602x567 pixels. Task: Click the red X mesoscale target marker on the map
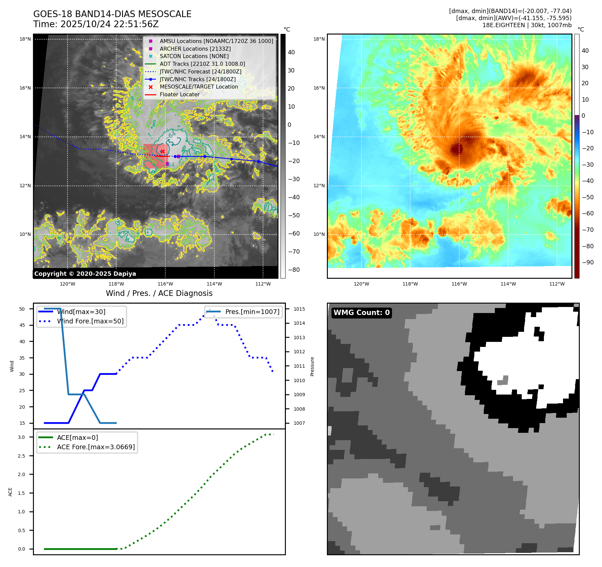coord(163,152)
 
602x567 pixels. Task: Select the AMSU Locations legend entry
coord(216,41)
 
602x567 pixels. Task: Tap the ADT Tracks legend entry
coord(202,64)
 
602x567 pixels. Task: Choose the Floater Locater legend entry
coord(179,94)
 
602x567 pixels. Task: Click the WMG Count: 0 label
coord(361,313)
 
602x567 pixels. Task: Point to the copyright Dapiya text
coord(85,274)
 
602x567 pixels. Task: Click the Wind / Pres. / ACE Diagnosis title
coord(159,293)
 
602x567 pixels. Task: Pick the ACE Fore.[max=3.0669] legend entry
coord(96,447)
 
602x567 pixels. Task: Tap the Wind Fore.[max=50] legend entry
coord(90,321)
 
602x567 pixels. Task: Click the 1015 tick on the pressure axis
coord(299,309)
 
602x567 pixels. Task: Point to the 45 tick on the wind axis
coord(22,325)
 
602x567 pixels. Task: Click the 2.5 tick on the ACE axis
coord(21,456)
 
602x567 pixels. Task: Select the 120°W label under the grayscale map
coord(68,284)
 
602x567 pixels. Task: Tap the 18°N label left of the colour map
coord(319,39)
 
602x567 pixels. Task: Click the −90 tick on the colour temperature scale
coord(588,262)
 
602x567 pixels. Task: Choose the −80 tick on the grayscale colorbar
coord(294,270)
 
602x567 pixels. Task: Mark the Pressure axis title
coord(312,366)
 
